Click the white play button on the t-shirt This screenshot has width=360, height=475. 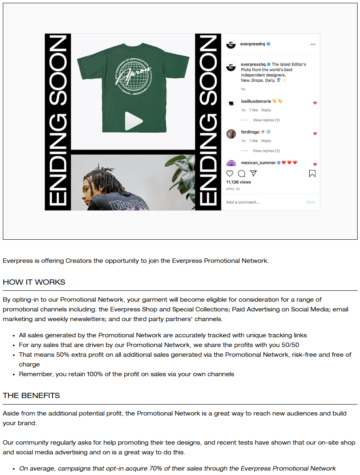(133, 121)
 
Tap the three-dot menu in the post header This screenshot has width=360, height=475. (313, 44)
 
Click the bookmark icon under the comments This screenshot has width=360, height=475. (312, 174)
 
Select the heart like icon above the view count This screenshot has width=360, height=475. (230, 174)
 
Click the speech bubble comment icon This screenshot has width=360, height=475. (241, 174)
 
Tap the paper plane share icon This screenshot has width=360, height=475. (253, 174)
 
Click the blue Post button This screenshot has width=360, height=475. (311, 202)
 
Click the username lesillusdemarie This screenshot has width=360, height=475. (256, 101)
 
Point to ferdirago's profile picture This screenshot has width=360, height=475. (231, 134)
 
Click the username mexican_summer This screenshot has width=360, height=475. (258, 162)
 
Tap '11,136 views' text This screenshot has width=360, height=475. (239, 182)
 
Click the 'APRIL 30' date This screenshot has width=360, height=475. (233, 189)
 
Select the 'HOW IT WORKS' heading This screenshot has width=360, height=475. (34, 282)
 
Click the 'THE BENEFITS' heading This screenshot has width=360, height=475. (31, 396)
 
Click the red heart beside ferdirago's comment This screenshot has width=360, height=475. (315, 134)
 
